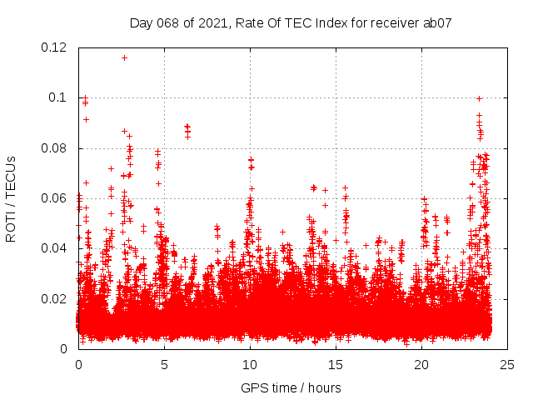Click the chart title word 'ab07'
438,23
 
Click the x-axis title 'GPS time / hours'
291,387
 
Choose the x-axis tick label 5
165,365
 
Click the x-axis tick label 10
250,365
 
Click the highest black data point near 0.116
124,57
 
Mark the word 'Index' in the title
328,23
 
